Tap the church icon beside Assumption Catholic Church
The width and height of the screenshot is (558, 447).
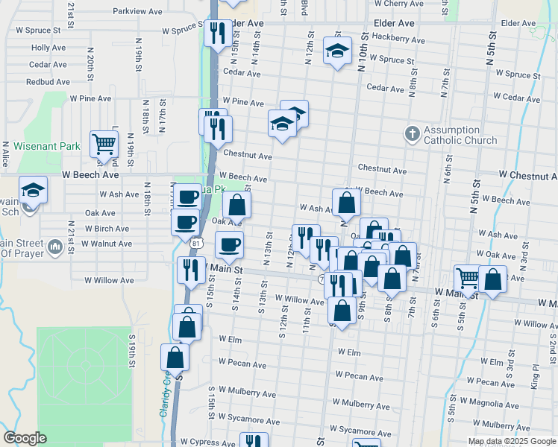[411, 134]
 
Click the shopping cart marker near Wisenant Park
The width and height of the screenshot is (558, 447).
[104, 143]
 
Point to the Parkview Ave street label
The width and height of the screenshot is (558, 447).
[137, 12]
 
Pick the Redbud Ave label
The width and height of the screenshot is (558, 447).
[48, 82]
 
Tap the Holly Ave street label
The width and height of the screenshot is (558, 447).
[49, 48]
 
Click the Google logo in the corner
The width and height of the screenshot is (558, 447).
[25, 437]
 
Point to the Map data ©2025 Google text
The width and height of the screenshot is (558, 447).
[512, 441]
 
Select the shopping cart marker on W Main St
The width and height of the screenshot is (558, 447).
[467, 279]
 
